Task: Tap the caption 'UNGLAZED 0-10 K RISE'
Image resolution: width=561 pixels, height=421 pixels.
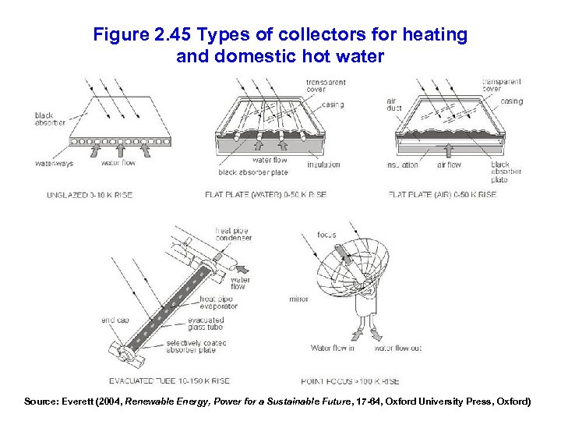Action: (x=90, y=195)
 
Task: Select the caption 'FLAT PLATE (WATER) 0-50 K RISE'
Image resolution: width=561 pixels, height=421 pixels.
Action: (x=265, y=195)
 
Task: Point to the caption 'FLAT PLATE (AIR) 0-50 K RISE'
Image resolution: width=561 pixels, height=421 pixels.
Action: (x=442, y=195)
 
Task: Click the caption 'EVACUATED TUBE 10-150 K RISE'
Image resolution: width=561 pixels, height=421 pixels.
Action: (x=168, y=381)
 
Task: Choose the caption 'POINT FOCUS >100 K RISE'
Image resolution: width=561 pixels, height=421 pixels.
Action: (x=349, y=381)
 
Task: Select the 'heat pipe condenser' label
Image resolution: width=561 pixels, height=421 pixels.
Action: (x=233, y=234)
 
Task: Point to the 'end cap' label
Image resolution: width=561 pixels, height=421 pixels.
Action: (x=115, y=320)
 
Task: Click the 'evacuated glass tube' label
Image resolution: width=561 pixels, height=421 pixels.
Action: (x=206, y=324)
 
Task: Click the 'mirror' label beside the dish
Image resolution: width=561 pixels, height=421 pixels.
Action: (x=298, y=299)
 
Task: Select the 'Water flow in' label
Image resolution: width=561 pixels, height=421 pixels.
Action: (x=333, y=348)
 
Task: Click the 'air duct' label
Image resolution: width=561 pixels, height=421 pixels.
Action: (x=394, y=104)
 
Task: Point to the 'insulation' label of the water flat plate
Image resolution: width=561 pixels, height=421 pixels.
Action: (x=323, y=165)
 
